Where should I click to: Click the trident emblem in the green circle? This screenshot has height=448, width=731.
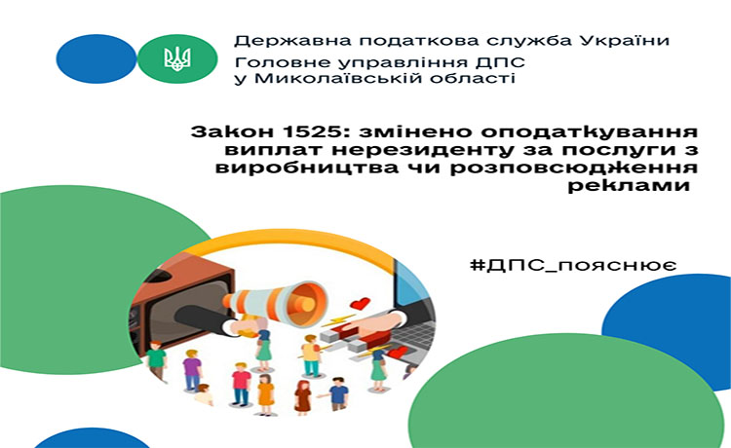coord(177,58)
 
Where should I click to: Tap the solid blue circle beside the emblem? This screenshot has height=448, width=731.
coord(96,58)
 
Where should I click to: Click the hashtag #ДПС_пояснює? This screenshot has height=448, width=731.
coord(573,265)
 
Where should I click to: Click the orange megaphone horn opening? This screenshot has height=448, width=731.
coord(306,303)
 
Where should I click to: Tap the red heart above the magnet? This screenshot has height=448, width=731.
coord(360,304)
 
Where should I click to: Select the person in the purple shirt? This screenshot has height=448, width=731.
coord(192,370)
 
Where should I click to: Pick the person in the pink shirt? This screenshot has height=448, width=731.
coord(241,384)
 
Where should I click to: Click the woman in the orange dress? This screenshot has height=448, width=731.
coord(266,394)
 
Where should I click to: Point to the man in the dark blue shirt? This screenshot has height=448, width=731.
coord(337,393)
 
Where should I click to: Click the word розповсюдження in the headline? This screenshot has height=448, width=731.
coord(574,168)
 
